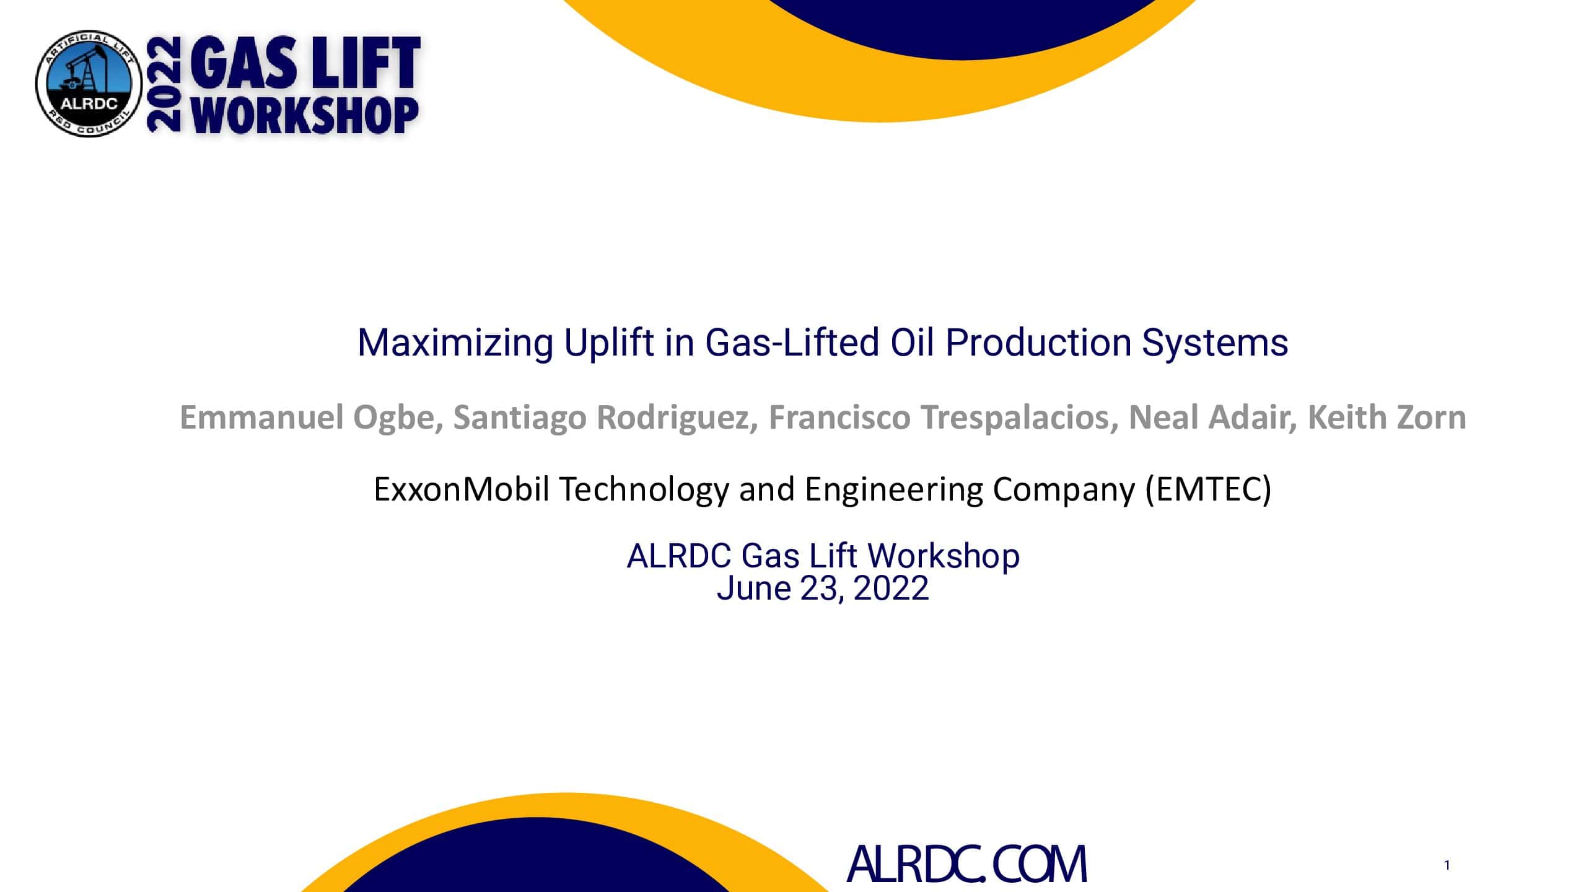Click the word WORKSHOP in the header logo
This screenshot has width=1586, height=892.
(x=305, y=116)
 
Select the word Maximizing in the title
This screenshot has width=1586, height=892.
(x=455, y=343)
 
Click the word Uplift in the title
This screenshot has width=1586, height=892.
(x=608, y=343)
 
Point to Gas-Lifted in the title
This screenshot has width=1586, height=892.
(x=792, y=343)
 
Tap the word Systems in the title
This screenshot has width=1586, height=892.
(x=1214, y=343)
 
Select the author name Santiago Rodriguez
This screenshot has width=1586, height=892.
(x=605, y=418)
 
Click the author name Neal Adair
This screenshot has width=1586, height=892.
(x=1212, y=418)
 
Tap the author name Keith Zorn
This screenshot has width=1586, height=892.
(x=1387, y=418)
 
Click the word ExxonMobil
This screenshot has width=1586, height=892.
(x=462, y=489)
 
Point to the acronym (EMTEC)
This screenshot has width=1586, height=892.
(x=1208, y=489)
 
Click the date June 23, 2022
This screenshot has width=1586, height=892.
(x=823, y=588)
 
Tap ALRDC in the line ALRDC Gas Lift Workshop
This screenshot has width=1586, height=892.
(x=679, y=556)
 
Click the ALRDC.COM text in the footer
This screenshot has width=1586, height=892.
(x=966, y=865)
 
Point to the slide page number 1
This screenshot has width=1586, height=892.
(x=1447, y=865)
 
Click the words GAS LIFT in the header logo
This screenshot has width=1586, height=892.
(x=305, y=63)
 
